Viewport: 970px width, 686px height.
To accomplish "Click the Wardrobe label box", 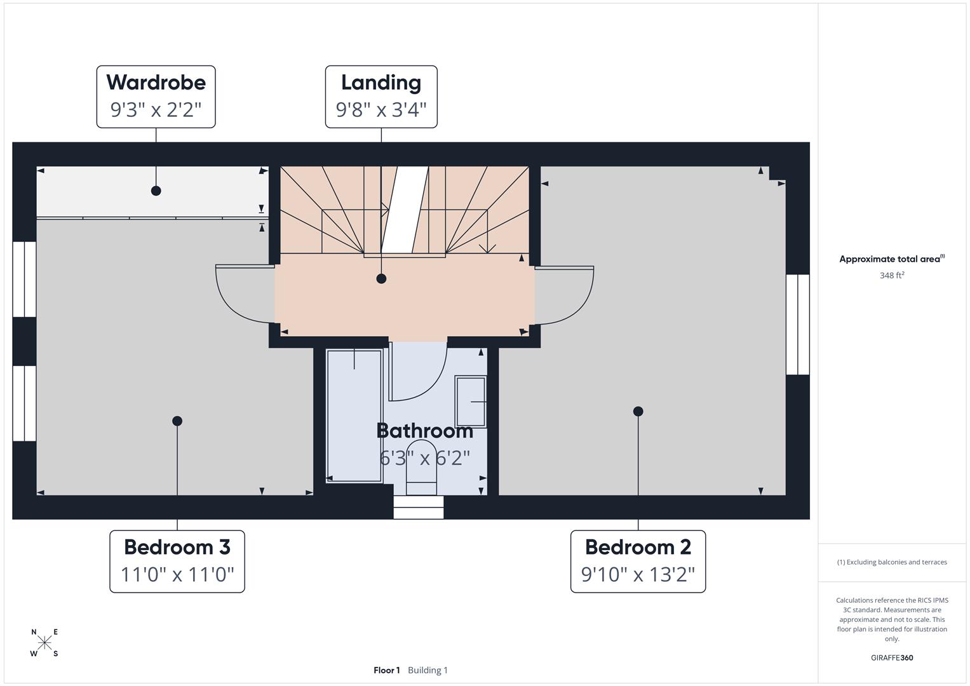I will [x=156, y=97].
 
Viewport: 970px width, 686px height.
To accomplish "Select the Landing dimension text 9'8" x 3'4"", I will [x=381, y=110].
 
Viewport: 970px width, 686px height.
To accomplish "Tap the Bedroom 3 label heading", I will [x=177, y=547].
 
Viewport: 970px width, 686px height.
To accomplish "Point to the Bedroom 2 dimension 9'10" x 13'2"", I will [x=638, y=574].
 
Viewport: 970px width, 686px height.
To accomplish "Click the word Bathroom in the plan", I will [x=424, y=431].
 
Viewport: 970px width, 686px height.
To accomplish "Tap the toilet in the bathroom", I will [x=422, y=467].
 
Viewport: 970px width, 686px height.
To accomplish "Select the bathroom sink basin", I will [x=471, y=401].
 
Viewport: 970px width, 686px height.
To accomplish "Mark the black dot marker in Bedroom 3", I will [x=177, y=421].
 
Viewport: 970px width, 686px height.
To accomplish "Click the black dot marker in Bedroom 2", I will [x=638, y=412].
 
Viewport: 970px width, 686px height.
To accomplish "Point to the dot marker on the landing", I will [x=381, y=278].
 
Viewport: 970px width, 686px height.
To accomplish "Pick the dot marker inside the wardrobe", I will [x=156, y=191].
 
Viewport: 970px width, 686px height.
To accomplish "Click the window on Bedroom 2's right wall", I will [x=798, y=325].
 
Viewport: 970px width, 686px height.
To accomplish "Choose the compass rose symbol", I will [x=44, y=643].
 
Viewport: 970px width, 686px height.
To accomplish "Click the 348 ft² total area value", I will [x=891, y=275].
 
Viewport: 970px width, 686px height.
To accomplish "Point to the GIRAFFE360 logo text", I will [x=891, y=657].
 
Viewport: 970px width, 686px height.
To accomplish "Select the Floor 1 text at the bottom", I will [x=386, y=670].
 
